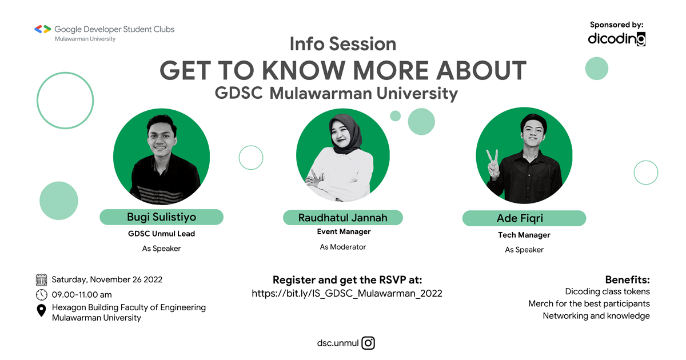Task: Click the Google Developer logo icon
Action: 42,29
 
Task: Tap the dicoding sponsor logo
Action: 617,39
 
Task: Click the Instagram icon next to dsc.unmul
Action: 369,343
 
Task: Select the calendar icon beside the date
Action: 41,279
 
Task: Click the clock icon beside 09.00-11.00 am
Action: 41,295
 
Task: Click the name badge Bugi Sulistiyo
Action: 161,217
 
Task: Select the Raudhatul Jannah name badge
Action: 343,218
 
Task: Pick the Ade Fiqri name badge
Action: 524,218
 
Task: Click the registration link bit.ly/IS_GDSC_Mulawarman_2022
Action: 347,294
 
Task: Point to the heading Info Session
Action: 343,44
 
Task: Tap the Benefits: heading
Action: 627,280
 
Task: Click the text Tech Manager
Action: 524,235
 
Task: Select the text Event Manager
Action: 344,231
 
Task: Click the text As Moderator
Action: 343,247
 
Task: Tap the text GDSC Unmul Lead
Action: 162,234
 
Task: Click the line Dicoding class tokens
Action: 607,292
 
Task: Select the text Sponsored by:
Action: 617,25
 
